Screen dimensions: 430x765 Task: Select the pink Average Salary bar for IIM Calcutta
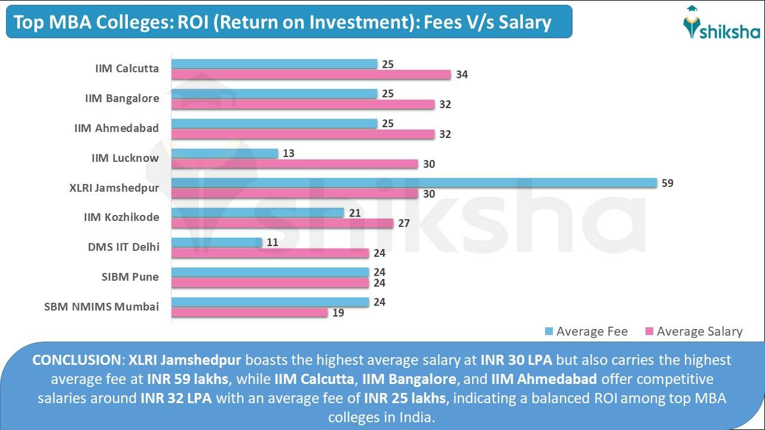tap(311, 75)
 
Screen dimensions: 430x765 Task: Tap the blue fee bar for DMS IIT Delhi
tap(217, 242)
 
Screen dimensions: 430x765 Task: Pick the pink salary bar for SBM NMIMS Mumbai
tap(250, 312)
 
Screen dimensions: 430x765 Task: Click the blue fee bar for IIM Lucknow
tap(225, 153)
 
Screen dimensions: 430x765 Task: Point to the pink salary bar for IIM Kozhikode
tap(283, 223)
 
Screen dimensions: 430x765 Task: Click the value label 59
tap(667, 183)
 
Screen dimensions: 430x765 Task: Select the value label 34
tap(461, 75)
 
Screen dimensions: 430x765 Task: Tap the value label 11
tap(272, 242)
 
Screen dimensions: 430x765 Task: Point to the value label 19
tap(338, 312)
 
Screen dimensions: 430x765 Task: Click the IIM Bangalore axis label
tap(122, 99)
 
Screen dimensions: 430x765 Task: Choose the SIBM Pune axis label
tap(130, 277)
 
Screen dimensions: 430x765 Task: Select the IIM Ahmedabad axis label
tap(117, 128)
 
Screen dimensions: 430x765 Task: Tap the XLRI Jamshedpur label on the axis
tap(114, 188)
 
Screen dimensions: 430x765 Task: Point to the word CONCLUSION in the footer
tap(76, 360)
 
